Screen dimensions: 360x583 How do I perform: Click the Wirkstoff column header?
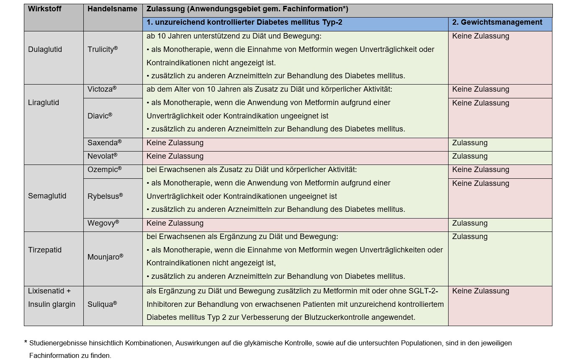coord(45,9)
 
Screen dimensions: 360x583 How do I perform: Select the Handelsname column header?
coord(112,9)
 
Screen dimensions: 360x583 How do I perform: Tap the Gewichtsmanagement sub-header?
coord(497,23)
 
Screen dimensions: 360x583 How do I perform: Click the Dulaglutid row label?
coord(45,49)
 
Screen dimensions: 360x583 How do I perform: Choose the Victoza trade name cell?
coord(102,89)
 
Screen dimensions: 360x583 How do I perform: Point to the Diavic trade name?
coord(100,116)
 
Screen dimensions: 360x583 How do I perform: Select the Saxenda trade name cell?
coord(104,143)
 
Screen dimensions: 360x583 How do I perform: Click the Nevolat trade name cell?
coord(102,156)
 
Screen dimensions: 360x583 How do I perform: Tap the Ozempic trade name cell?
coord(104,170)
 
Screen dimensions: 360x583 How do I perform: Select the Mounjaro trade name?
coord(105,257)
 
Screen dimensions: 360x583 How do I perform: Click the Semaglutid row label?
coord(47,196)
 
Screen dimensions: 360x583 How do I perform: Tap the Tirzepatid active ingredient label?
coord(45,250)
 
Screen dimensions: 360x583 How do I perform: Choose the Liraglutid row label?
coord(44,103)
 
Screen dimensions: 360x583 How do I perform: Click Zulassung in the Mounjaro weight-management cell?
coord(470,237)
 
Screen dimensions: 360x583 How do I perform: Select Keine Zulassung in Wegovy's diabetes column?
coord(175,223)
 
